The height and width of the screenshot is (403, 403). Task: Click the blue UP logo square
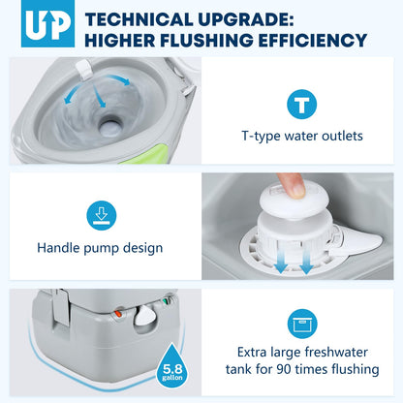coord(47,23)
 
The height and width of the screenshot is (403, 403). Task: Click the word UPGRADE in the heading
coord(245,19)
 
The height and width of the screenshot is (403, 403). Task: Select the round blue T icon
coord(301,105)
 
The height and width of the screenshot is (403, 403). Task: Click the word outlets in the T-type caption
coord(342,136)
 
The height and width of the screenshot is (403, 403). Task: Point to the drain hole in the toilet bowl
coord(110,126)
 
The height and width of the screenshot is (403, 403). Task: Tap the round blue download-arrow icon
coord(102,215)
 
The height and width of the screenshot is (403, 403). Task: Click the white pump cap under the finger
coord(293,201)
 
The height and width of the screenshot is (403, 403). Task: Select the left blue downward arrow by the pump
coord(281,261)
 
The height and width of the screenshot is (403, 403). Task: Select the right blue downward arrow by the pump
coord(306,262)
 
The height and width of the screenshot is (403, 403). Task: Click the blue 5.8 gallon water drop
coord(172,366)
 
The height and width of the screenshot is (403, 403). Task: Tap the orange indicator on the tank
coord(118,313)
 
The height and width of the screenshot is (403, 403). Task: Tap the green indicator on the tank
coord(168,300)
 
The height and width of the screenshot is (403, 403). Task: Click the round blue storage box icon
coord(302,324)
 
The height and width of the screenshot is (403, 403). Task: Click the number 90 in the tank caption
coord(284,369)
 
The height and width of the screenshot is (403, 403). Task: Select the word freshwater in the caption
coord(335,352)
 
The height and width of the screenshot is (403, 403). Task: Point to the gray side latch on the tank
coord(61,307)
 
